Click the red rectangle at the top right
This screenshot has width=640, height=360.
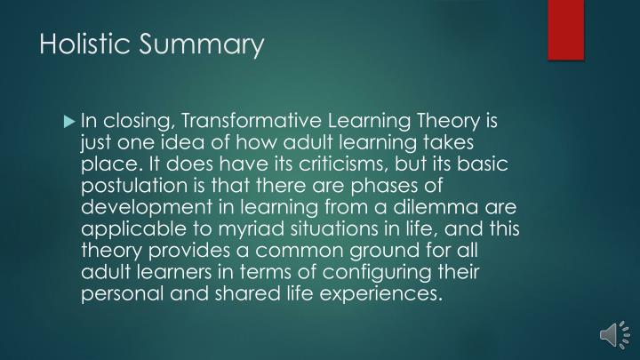[x=565, y=30]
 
